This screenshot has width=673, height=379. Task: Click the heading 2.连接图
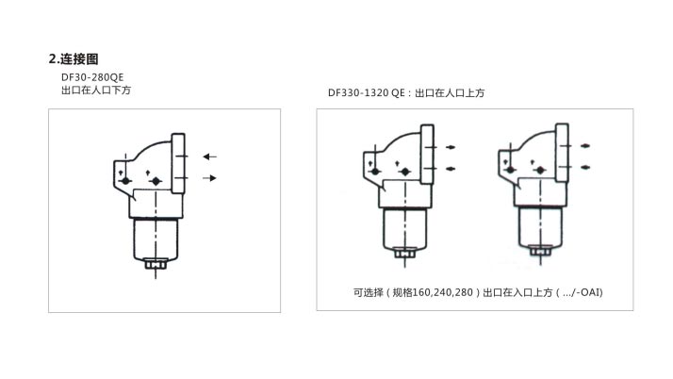[74, 58]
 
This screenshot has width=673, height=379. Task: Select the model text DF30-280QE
[92, 77]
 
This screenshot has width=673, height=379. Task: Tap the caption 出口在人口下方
[96, 91]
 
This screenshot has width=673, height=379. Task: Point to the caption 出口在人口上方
[450, 92]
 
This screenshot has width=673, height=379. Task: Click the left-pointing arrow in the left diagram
[209, 157]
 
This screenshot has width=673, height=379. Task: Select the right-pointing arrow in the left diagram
[209, 177]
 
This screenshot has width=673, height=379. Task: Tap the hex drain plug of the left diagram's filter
[156, 264]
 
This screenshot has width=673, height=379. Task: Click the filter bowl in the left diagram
[156, 239]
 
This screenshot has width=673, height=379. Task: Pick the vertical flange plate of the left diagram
[178, 163]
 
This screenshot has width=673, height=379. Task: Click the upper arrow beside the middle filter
[451, 147]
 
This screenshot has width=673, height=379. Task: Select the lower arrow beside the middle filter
[451, 169]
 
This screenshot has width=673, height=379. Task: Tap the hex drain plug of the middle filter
[404, 254]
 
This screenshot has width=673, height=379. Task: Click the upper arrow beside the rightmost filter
[585, 146]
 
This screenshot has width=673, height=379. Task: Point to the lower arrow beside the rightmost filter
[585, 167]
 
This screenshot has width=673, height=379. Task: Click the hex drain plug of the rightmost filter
[540, 250]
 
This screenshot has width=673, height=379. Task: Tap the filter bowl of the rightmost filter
[540, 227]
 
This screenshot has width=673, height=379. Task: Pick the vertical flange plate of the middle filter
[428, 155]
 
